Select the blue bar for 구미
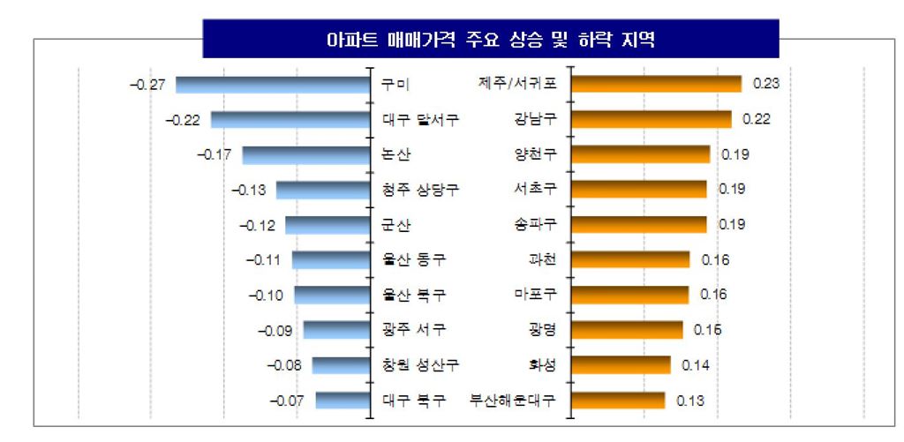(272, 85)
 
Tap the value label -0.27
(147, 85)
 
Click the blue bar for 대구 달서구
(290, 120)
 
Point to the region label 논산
(395, 154)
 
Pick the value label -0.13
(248, 190)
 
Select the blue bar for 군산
(327, 225)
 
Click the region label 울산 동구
(413, 260)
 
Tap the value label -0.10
(267, 295)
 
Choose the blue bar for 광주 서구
(335, 330)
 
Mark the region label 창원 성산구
(421, 365)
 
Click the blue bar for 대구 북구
(342, 401)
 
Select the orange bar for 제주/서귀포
(656, 84)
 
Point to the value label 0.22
(757, 119)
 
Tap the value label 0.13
(689, 401)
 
